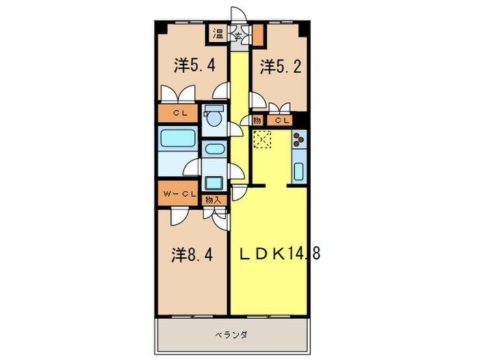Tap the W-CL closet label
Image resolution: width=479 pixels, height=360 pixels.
point(179,195)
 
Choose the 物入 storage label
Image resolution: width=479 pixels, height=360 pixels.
point(213,200)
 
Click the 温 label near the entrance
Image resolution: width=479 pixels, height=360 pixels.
point(218,33)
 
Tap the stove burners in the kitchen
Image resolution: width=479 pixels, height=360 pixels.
point(300,139)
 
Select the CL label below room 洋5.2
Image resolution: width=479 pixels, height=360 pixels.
point(281,121)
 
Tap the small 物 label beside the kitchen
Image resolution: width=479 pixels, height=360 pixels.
point(257,121)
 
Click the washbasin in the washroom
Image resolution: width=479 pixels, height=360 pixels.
point(213,149)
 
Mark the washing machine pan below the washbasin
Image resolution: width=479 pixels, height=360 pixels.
point(213,182)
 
